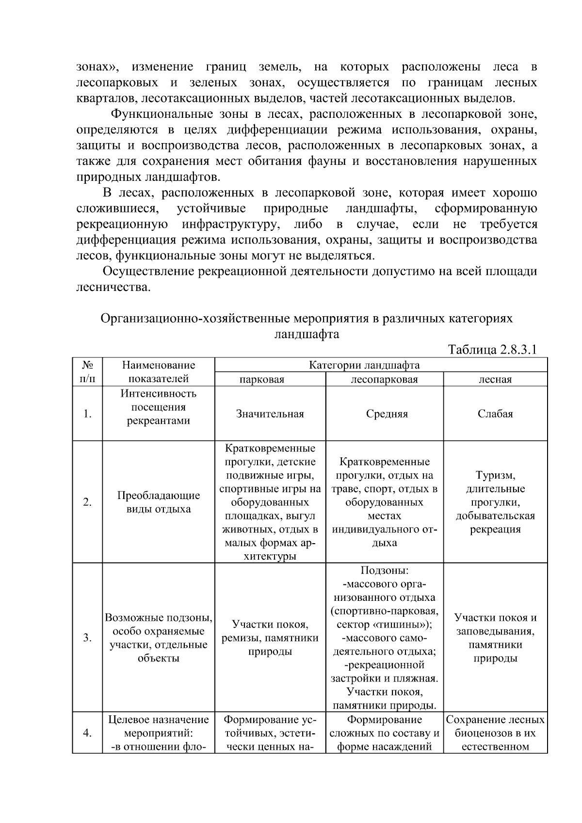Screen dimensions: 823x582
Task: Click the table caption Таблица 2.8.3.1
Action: (492, 350)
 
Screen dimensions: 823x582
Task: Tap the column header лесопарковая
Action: (384, 379)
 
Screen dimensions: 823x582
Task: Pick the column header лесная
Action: (495, 379)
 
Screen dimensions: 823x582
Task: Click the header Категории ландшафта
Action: (364, 365)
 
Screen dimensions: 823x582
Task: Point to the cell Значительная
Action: (270, 414)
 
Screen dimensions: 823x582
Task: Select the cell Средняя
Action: (387, 414)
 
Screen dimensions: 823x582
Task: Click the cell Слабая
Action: (495, 414)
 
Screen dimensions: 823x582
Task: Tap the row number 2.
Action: (87, 502)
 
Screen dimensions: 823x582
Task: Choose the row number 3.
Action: (87, 638)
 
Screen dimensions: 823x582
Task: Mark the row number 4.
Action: (87, 733)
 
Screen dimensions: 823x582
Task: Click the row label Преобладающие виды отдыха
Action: (159, 502)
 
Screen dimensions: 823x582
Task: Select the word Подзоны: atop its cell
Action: (385, 571)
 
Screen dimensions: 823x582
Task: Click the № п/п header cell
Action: (87, 372)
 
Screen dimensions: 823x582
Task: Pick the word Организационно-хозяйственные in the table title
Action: (194, 319)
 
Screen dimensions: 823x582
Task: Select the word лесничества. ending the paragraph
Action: (113, 287)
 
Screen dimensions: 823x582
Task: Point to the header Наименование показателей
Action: (159, 372)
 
